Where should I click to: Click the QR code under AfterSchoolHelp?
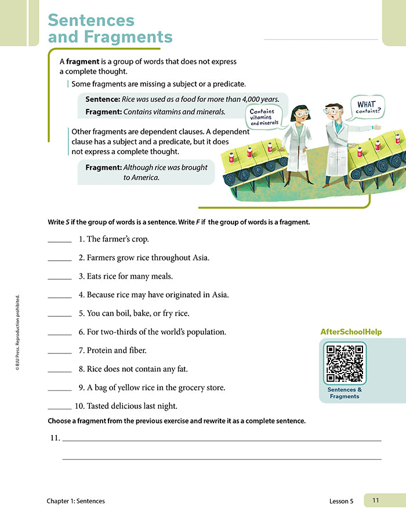[345, 363]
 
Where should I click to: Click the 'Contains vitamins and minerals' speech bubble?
[262, 116]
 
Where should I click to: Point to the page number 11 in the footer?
[375, 500]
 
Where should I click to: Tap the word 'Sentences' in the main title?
[91, 20]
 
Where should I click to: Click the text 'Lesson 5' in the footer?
[340, 501]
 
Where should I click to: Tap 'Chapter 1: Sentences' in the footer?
[77, 501]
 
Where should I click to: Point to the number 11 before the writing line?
[55, 438]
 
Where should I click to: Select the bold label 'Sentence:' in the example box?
[103, 99]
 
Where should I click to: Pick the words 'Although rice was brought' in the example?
[166, 167]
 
